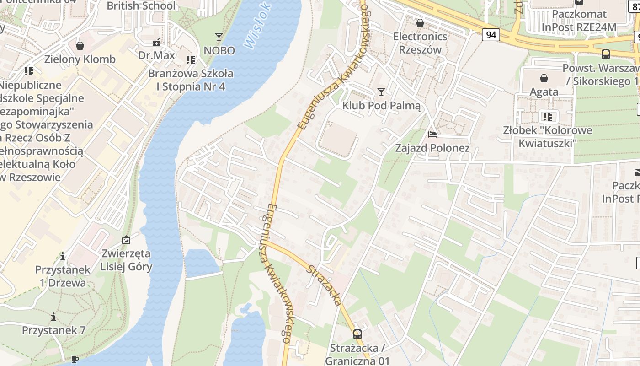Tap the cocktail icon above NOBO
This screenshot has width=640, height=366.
219,37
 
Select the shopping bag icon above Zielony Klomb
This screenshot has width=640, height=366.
80,46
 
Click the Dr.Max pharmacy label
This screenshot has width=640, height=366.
157,55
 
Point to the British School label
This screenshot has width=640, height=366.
141,6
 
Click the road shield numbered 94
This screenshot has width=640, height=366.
491,35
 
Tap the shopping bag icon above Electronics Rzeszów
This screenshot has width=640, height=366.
420,23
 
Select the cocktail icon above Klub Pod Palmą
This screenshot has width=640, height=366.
381,92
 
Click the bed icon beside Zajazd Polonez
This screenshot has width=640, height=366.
432,135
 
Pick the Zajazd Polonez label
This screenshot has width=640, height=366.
432,148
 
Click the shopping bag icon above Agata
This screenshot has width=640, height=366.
544,78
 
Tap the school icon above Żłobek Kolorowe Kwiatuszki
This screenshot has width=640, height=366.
547,117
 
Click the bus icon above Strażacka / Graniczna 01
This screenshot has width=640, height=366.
357,334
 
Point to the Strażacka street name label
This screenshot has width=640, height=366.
324,285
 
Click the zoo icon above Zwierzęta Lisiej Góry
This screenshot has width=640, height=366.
126,240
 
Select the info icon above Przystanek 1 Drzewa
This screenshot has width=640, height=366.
63,256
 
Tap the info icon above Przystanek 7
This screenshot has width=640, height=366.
53,317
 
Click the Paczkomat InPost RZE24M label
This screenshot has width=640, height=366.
579,21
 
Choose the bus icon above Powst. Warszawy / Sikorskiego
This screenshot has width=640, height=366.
606,54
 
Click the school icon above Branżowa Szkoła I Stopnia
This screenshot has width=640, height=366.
191,60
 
